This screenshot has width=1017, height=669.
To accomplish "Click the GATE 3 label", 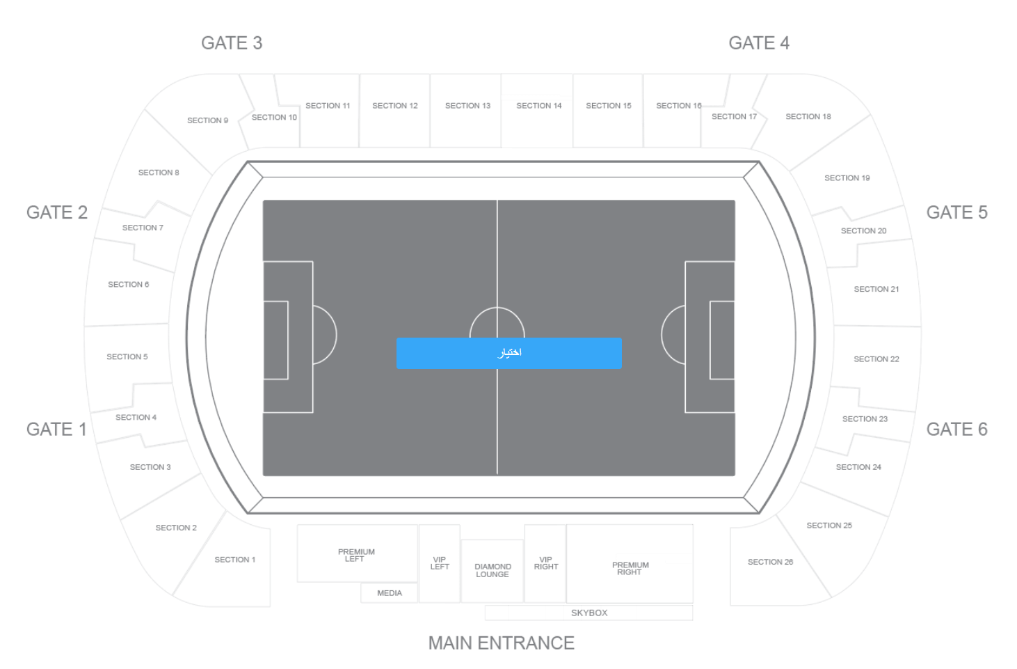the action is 232,43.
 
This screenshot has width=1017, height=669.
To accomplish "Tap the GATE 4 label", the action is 759,43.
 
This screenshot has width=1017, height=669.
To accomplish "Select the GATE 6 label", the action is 956,430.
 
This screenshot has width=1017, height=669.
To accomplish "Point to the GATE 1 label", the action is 56,430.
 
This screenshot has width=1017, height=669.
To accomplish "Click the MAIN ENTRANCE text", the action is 502,643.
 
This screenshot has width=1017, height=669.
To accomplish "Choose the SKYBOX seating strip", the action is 589,613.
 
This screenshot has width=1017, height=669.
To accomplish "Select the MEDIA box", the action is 389,593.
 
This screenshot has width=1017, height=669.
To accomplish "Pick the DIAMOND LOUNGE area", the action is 493,571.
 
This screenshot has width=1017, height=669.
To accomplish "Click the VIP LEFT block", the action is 440,564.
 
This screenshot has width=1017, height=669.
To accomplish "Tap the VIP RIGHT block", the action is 545,564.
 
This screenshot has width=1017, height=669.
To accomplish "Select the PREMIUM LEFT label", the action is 356,556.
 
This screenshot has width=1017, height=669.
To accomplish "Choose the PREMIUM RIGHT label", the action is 630,569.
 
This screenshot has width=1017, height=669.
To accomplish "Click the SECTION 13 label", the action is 467,106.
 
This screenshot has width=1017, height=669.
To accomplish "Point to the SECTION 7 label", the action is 143,228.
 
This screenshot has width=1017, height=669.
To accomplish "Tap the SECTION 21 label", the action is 876,289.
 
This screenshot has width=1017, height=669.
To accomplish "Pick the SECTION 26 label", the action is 770,562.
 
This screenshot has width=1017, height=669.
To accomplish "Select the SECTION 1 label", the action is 234,560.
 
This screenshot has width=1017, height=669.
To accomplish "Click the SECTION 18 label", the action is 808,117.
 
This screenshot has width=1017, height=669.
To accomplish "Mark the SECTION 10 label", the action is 274,118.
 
